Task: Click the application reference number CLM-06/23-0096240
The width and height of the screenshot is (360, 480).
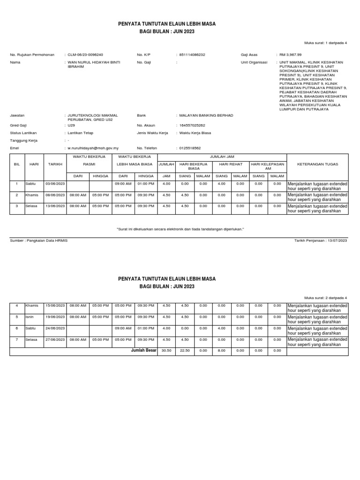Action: [x=86, y=55]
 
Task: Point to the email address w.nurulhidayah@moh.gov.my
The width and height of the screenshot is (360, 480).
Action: [x=93, y=148]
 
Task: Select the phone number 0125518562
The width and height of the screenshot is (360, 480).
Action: [x=189, y=148]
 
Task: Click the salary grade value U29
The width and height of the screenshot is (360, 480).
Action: [x=71, y=126]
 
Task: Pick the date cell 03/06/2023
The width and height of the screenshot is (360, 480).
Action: [x=55, y=184]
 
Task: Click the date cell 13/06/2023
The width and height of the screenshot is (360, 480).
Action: [x=55, y=206]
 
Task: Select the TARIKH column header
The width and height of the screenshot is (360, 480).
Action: [x=55, y=165]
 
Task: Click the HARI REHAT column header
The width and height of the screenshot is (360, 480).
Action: [x=231, y=165]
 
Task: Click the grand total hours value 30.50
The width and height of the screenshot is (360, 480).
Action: [x=166, y=350]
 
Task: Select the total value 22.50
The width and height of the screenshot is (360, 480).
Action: [x=185, y=350]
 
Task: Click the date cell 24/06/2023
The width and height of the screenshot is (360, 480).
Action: [x=55, y=328]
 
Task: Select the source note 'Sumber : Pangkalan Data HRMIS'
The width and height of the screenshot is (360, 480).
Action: [x=39, y=240]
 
